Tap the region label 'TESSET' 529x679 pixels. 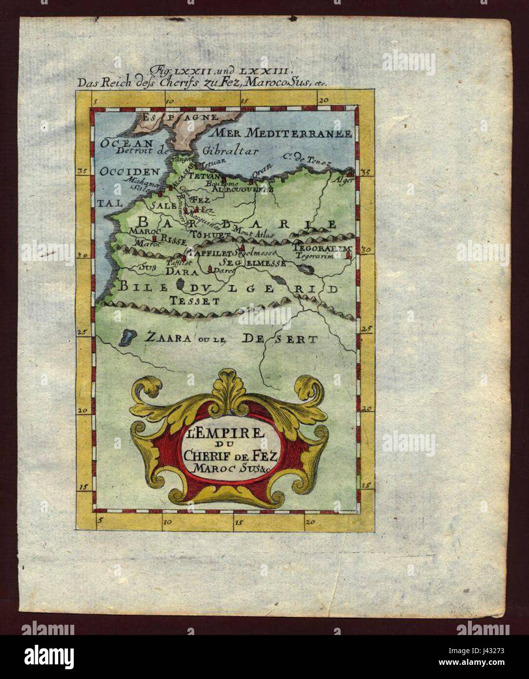tap(194, 301)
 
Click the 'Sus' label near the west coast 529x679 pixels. tap(145, 267)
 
